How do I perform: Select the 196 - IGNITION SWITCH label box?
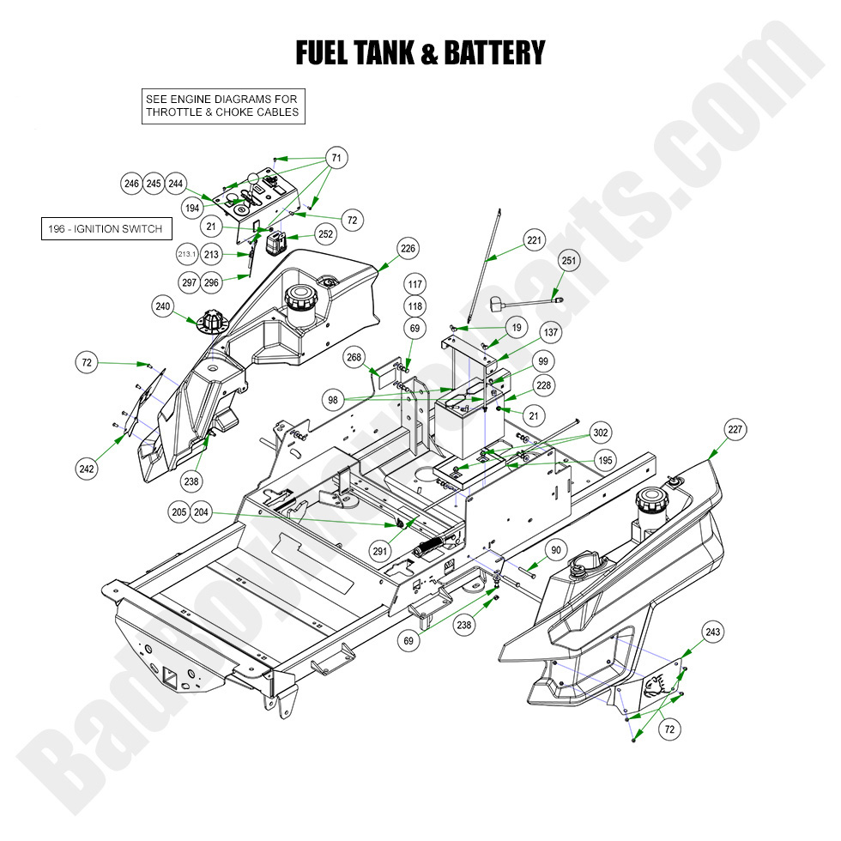106,229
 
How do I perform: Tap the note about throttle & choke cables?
222,106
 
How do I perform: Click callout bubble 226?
408,249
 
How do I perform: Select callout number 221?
534,241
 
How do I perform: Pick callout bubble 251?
569,260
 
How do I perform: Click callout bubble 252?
325,233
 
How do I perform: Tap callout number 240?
163,306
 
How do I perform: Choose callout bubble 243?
711,632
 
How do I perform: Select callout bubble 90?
555,550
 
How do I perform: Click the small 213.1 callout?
187,255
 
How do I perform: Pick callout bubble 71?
336,158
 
